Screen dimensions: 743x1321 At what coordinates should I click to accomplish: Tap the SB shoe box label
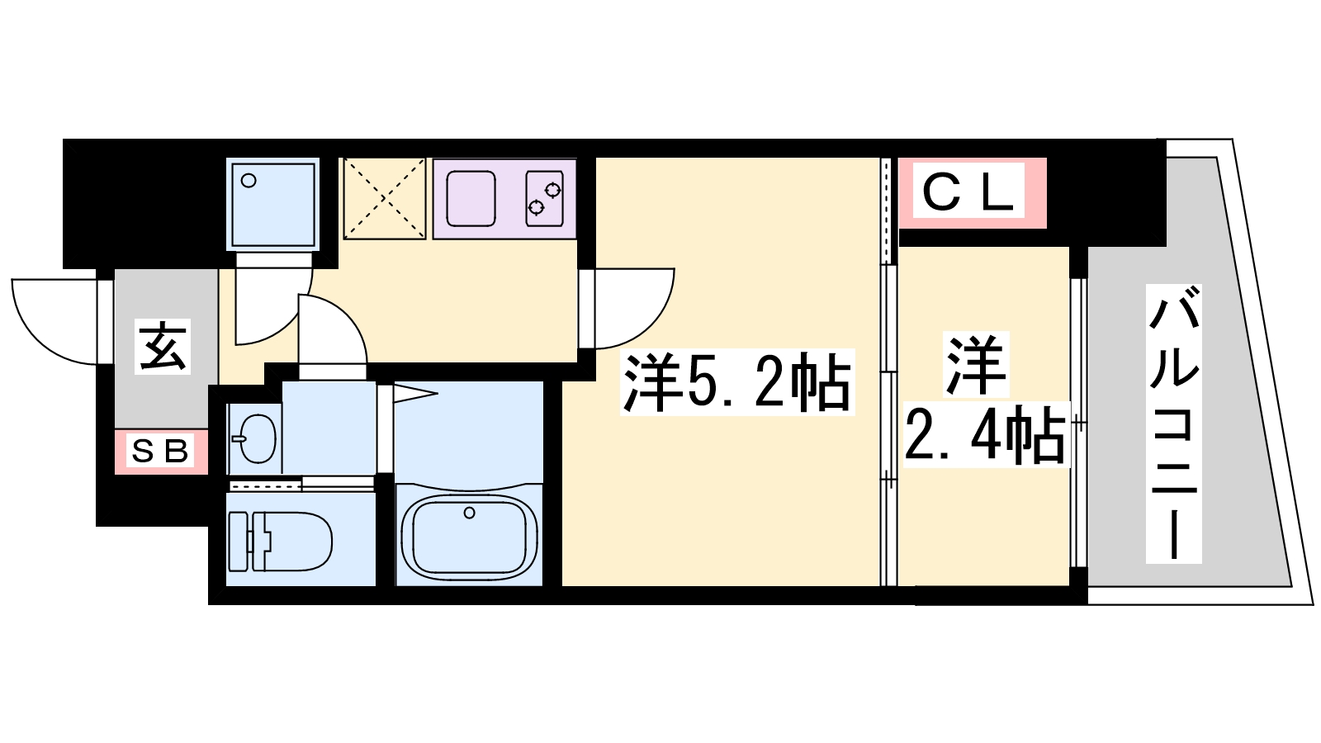click(x=160, y=451)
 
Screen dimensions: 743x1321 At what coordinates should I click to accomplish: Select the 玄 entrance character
click(x=163, y=347)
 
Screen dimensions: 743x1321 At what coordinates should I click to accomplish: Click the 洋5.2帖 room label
click(x=736, y=383)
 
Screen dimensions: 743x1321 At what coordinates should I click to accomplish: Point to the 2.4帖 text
click(x=984, y=433)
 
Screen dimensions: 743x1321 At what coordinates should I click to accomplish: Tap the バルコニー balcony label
click(x=1173, y=423)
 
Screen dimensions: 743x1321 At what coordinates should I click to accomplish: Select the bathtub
click(x=469, y=537)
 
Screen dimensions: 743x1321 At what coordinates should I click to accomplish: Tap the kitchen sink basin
click(x=471, y=199)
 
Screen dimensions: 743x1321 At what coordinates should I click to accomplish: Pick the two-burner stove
click(x=544, y=198)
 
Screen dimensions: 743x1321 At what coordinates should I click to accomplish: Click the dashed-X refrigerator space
click(x=384, y=198)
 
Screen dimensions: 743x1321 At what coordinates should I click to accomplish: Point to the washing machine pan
click(x=273, y=203)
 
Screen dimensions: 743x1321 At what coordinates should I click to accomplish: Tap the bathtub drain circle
click(x=469, y=513)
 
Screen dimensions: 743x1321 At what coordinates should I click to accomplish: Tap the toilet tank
click(x=238, y=542)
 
